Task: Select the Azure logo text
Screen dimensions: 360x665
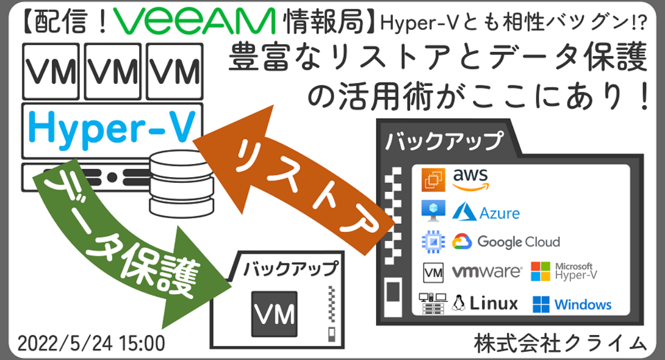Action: tap(487, 212)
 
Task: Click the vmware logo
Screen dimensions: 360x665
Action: tap(487, 272)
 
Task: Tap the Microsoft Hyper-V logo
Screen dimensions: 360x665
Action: tap(562, 271)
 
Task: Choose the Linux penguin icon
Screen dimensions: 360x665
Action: tap(458, 303)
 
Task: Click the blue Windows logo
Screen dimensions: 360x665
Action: tap(572, 304)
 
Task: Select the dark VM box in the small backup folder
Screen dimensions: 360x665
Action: tap(274, 313)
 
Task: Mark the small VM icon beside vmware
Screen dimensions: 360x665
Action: tap(433, 272)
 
